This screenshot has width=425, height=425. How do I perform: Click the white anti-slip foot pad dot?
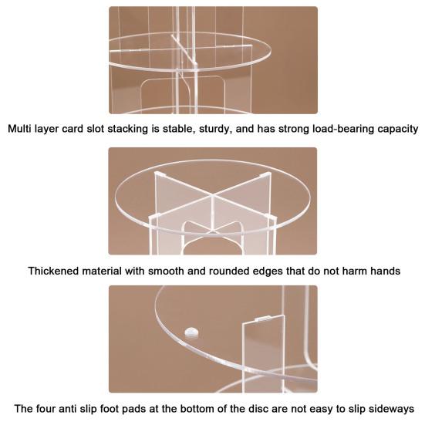191,332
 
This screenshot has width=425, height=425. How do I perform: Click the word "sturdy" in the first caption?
216,130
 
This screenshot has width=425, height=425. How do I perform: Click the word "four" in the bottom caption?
46,409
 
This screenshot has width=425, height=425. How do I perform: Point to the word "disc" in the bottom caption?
259,409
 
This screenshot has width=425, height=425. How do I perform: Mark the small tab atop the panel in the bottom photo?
263,319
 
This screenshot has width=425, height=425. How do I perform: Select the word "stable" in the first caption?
179,130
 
